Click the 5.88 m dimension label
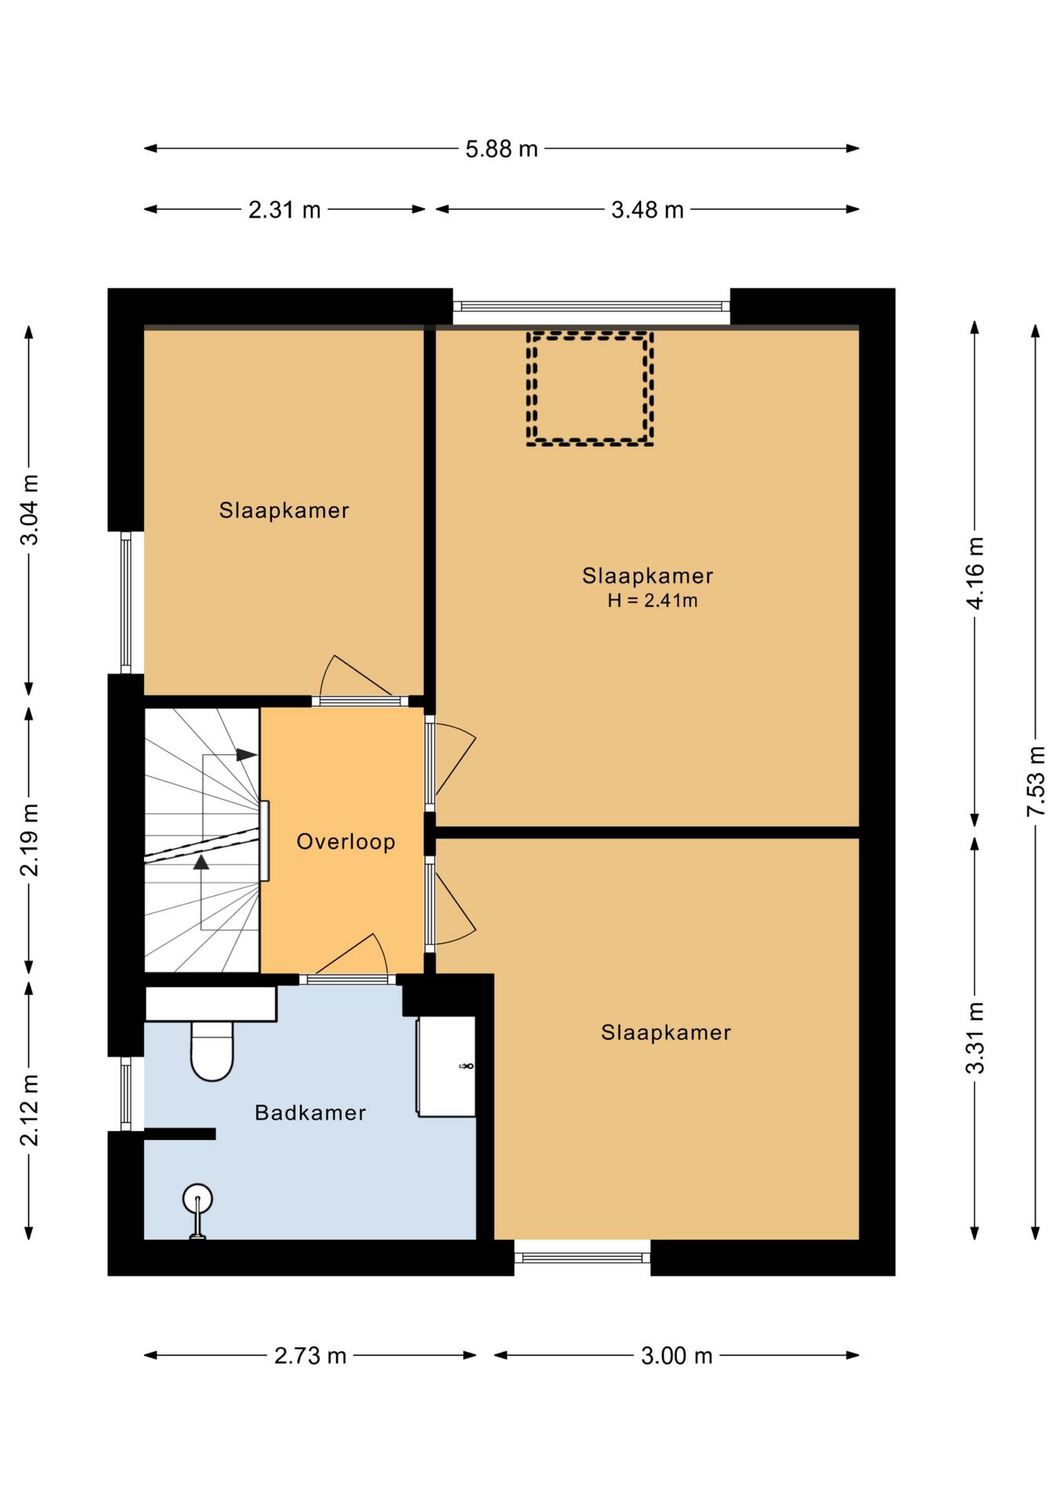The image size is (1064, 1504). pos(501,148)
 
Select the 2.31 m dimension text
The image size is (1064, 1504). pos(284,209)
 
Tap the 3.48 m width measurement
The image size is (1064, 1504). pos(647,209)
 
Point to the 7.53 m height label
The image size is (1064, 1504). pos(1035,782)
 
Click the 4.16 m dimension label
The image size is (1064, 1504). pos(975,573)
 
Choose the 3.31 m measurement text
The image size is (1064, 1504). pos(975,1038)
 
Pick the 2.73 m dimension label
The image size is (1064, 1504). pos(310,1355)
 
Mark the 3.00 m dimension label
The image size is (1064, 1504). pos(677,1355)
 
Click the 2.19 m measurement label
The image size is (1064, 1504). pos(29,840)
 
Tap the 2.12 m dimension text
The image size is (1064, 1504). pos(29,1110)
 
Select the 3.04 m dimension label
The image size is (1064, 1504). pos(29,509)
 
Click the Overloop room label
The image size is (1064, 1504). pos(346,842)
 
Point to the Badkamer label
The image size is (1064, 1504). pos(310,1112)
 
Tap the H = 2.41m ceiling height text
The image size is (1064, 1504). pos(653,601)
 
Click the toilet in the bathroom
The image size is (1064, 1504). pos(212,1050)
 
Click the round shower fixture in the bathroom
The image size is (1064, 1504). pos(197,1200)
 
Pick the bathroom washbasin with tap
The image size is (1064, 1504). pos(446,1066)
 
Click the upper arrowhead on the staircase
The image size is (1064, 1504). pos(247,755)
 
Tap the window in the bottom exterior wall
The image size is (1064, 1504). pos(582,1258)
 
